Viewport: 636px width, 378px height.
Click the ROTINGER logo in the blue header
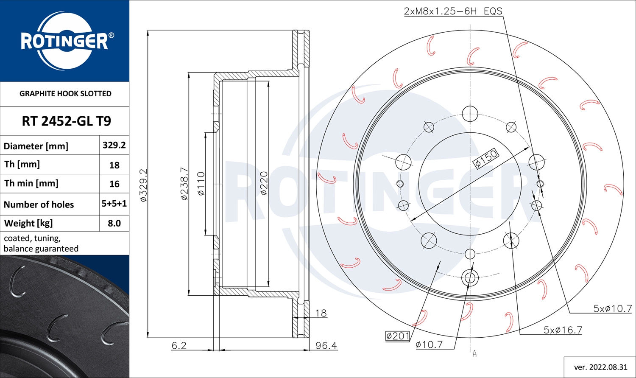65,41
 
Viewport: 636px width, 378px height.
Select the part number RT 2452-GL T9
66,121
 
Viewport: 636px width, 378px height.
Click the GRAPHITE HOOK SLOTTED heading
65,93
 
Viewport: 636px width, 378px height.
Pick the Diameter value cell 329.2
114,145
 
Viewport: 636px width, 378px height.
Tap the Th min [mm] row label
31,183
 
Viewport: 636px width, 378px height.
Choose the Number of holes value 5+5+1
114,204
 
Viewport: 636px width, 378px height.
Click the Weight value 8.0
114,223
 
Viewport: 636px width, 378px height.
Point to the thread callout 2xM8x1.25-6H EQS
453,11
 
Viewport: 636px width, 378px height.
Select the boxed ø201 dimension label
398,336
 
